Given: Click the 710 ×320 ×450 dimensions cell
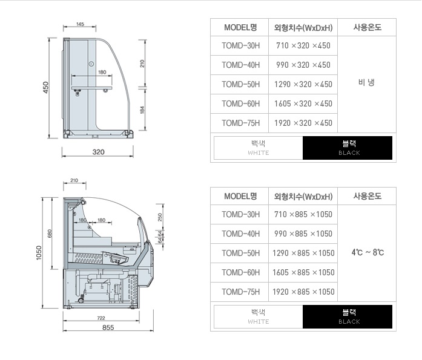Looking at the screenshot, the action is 303,46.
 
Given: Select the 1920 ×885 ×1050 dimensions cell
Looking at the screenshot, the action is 303,292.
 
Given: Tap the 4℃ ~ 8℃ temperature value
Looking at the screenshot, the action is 368,252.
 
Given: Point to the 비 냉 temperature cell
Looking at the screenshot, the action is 366,82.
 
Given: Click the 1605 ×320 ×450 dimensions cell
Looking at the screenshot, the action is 303,104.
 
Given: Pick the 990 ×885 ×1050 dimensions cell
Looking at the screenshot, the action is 303,234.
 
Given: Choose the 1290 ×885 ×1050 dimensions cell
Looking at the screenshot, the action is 303,254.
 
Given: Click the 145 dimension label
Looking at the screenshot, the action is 80,24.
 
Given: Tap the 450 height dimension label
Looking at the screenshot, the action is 46,87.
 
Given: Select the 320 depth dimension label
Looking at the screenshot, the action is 98,152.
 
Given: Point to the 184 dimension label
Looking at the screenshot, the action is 142,110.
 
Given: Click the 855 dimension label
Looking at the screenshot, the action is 108,327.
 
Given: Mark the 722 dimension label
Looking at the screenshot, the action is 101,318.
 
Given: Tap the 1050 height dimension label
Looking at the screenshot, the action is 39,253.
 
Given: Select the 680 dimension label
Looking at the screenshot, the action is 50,234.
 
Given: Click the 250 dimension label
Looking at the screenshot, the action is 160,217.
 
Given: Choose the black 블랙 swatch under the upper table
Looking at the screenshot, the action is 348,148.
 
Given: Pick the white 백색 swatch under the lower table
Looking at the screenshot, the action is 259,316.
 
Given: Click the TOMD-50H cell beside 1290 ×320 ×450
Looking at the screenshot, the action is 240,85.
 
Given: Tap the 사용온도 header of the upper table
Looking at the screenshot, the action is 367,27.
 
